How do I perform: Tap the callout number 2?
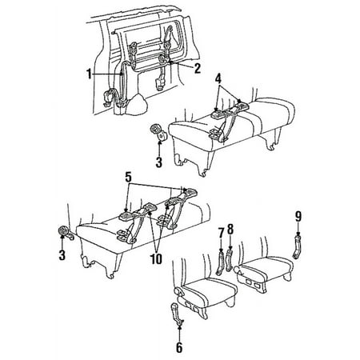(197, 69)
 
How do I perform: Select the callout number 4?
(218, 78)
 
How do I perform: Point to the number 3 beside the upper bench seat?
(158, 162)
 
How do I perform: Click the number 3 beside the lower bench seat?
(63, 256)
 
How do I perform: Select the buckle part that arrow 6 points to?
(175, 314)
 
